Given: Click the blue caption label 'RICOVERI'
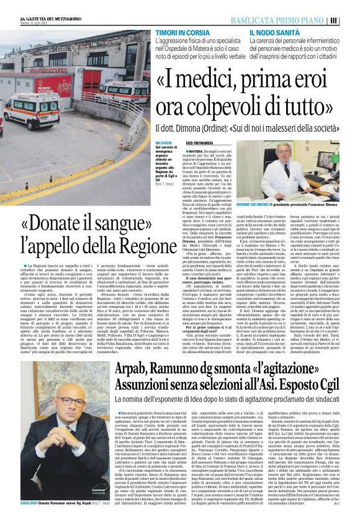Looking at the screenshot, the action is click(x=164, y=143).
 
